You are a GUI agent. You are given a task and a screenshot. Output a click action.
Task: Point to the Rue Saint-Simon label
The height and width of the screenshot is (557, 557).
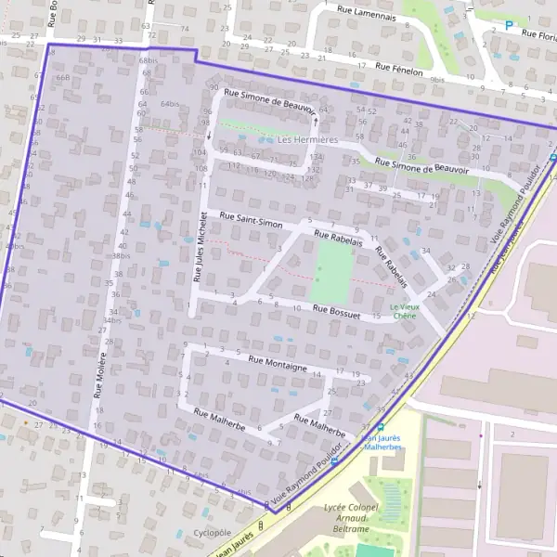click(251, 220)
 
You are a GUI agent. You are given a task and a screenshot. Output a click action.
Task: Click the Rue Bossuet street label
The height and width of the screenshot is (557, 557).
click(335, 309)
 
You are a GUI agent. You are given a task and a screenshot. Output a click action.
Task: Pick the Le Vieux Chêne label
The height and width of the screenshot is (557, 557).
click(404, 311)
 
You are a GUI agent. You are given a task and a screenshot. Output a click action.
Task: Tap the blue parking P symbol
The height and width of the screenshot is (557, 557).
click(509, 25)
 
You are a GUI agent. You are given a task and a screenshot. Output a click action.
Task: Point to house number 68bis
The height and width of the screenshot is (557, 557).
click(147, 60)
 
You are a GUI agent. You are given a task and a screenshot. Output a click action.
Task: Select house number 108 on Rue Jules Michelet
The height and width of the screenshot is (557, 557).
click(201, 168)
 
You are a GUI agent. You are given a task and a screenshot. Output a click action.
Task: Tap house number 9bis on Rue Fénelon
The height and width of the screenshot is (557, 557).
click(437, 80)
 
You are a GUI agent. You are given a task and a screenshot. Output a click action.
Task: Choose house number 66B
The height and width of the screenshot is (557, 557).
click(63, 78)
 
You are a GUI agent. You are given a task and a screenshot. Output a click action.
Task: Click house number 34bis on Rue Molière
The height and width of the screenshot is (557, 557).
click(112, 320)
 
